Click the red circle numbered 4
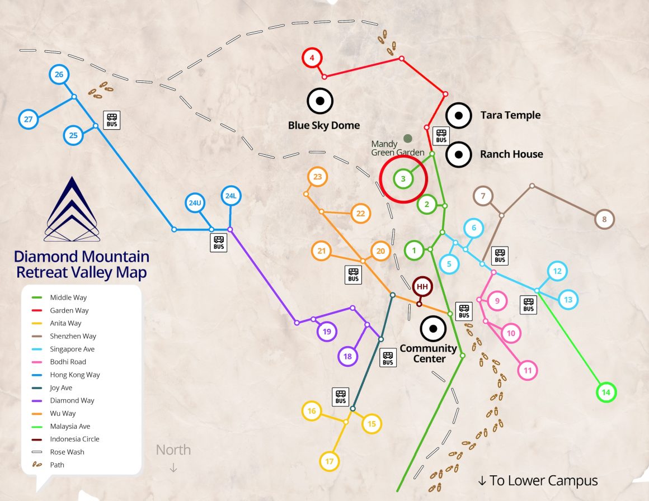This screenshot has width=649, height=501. click(x=312, y=58)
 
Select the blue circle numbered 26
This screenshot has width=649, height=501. click(x=59, y=74)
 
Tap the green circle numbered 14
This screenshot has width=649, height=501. click(x=605, y=393)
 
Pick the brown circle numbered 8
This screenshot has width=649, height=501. click(x=604, y=219)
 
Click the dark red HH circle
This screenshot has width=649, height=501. click(x=422, y=287)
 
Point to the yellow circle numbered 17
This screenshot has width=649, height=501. click(x=330, y=461)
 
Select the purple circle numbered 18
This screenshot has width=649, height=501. click(x=347, y=356)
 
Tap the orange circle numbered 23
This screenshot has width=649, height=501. click(x=317, y=177)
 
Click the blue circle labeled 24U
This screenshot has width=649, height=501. click(x=195, y=203)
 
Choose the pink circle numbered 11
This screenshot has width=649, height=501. click(x=527, y=370)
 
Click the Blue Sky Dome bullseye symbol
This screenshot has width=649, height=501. click(x=320, y=101)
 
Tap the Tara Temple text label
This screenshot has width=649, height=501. click(x=510, y=115)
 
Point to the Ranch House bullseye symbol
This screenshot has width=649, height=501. click(x=458, y=154)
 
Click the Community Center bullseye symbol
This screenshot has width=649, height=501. click(x=432, y=329)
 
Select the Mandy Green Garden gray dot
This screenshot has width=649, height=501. click(x=408, y=138)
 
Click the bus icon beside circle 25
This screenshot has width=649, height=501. click(x=112, y=119)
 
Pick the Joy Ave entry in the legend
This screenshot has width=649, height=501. click(x=61, y=387)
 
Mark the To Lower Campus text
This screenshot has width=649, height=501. click(x=538, y=480)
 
